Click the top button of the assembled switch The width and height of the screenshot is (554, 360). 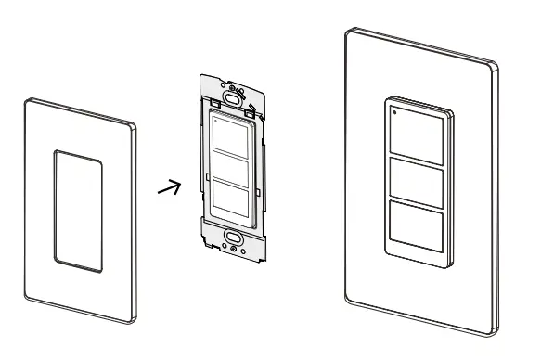(417, 131)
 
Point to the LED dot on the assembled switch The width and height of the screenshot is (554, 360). (393, 112)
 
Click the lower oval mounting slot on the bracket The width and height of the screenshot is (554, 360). (233, 237)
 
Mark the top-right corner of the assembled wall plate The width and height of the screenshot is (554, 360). (492, 67)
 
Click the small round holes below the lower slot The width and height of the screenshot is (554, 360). (234, 249)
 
